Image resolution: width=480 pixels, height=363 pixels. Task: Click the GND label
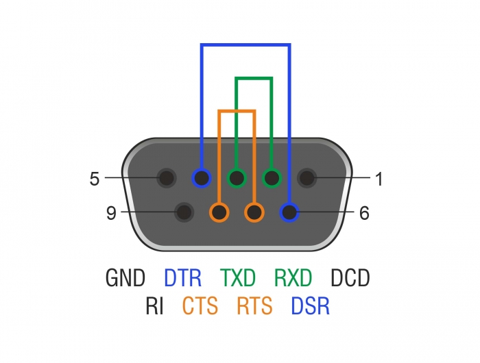pyautogui.click(x=125, y=278)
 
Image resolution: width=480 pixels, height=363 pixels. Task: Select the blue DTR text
pyautogui.click(x=182, y=278)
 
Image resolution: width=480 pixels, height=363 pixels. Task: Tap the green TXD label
pyautogui.click(x=238, y=278)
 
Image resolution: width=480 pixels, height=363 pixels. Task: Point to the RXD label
pyautogui.click(x=293, y=278)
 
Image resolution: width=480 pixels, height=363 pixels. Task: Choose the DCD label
pyautogui.click(x=350, y=278)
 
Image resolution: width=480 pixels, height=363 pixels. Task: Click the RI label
pyautogui.click(x=154, y=305)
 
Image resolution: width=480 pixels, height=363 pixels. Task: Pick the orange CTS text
pyautogui.click(x=200, y=305)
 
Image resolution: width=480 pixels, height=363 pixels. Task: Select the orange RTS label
pyautogui.click(x=254, y=305)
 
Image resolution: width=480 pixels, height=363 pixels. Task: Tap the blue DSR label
pyautogui.click(x=310, y=305)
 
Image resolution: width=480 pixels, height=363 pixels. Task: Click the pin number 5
pyautogui.click(x=95, y=179)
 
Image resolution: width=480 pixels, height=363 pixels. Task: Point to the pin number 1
pyautogui.click(x=379, y=179)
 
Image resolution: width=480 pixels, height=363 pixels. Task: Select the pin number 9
pyautogui.click(x=111, y=213)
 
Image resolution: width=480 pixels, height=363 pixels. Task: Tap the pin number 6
pyautogui.click(x=364, y=213)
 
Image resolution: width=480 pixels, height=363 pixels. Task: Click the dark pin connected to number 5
pyautogui.click(x=166, y=179)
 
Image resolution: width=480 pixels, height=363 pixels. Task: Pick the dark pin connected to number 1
pyautogui.click(x=307, y=179)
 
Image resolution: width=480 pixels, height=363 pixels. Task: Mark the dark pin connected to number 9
pyautogui.click(x=184, y=212)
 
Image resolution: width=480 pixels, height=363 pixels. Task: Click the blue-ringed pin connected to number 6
pyautogui.click(x=290, y=212)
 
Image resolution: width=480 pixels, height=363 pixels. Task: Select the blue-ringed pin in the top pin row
pyautogui.click(x=202, y=179)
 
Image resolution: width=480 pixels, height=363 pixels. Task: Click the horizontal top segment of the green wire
pyautogui.click(x=254, y=78)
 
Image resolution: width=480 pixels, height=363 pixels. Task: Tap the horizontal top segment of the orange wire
pyautogui.click(x=237, y=111)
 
